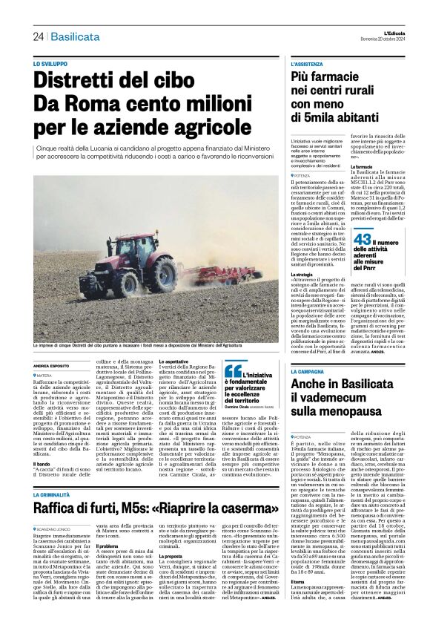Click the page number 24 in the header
pos(38,36)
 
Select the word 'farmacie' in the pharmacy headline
pos(360,78)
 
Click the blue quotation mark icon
pos(233,371)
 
